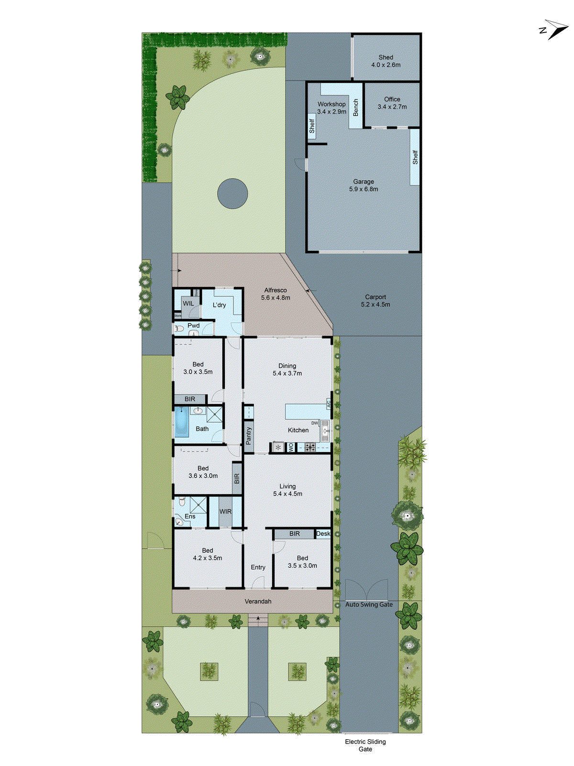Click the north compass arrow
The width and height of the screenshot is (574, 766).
point(556,29)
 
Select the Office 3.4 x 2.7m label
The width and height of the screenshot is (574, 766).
point(392,103)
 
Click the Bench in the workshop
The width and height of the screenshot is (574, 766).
point(355,108)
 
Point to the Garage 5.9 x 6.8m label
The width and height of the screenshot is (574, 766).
point(364,185)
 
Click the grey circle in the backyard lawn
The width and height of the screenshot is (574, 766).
point(232,193)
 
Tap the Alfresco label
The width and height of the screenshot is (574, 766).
point(276,294)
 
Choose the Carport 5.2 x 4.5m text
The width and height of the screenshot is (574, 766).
point(375,301)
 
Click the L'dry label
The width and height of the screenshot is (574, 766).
point(220,305)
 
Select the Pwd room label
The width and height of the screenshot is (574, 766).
point(194,326)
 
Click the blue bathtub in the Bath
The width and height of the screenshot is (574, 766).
point(181,423)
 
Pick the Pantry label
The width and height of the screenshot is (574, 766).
point(248,436)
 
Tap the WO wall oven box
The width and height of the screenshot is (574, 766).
point(290,448)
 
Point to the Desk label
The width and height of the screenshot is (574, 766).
point(323,534)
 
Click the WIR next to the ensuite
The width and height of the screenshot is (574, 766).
point(225,512)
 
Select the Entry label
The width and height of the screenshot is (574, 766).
point(258,567)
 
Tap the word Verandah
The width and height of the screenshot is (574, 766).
point(258,601)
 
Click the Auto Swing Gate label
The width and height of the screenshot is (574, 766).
point(369,605)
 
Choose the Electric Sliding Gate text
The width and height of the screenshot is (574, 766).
point(365,745)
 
